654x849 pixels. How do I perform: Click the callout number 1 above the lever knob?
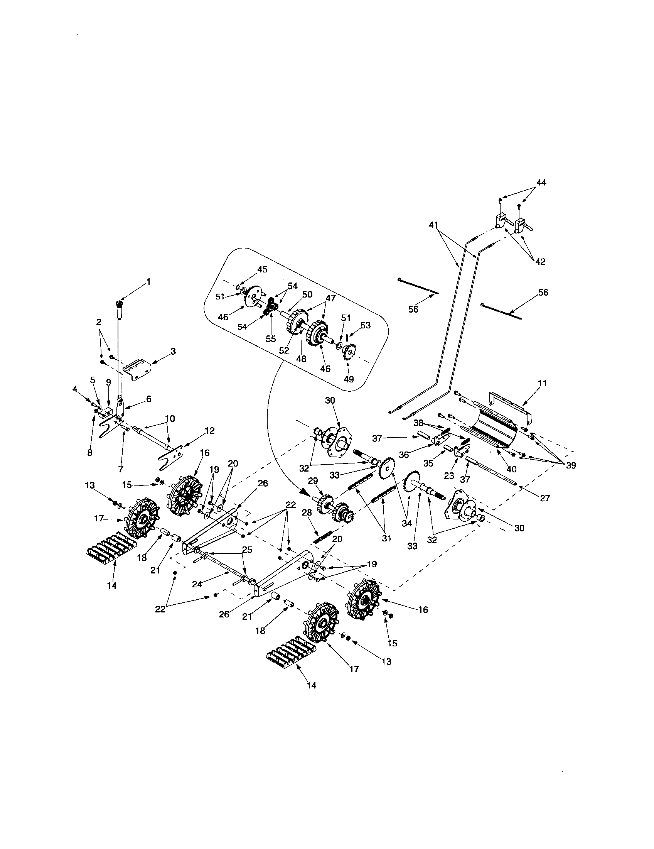pos(148,282)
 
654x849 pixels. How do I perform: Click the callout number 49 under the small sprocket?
pos(349,379)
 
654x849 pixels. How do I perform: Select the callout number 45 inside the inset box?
pos(263,270)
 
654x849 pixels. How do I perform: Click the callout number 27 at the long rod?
pos(545,498)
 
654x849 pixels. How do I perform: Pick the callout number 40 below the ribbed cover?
pos(511,469)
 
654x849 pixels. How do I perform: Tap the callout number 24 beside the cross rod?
pos(197,583)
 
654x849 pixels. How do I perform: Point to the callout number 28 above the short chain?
pos(307,513)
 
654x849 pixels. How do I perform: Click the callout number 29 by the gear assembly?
pos(313,481)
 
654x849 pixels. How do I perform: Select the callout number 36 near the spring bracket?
pos(404,455)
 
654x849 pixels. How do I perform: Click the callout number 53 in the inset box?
pos(365,325)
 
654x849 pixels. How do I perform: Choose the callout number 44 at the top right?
pos(541,182)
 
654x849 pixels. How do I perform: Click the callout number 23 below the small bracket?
pos(449,475)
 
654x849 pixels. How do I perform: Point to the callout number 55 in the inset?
pos(270,338)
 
